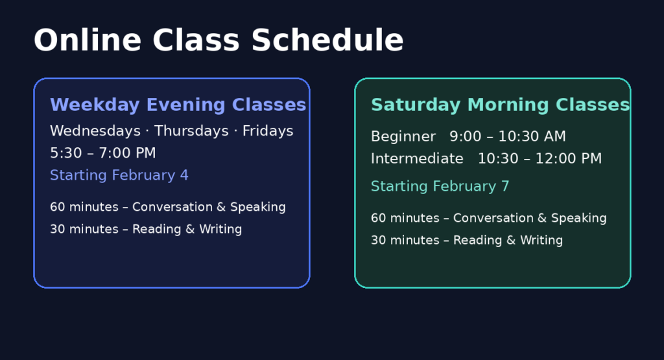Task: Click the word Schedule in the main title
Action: [327, 40]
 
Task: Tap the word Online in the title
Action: [88, 40]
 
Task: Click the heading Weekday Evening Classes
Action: [178, 105]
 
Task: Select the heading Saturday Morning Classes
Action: [500, 105]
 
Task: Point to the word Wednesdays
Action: [95, 131]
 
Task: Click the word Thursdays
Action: [191, 131]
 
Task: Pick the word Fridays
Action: [268, 131]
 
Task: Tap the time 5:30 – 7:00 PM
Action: [103, 153]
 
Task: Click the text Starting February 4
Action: [119, 175]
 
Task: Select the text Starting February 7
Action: [440, 186]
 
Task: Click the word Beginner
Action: [403, 137]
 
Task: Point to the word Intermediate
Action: [417, 159]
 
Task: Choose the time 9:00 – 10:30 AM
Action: [508, 137]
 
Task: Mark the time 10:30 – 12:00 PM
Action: [539, 159]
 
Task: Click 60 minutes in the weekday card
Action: [84, 207]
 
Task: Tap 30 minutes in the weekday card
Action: [84, 229]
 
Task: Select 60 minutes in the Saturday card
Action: [405, 218]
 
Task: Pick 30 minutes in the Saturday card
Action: [405, 240]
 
